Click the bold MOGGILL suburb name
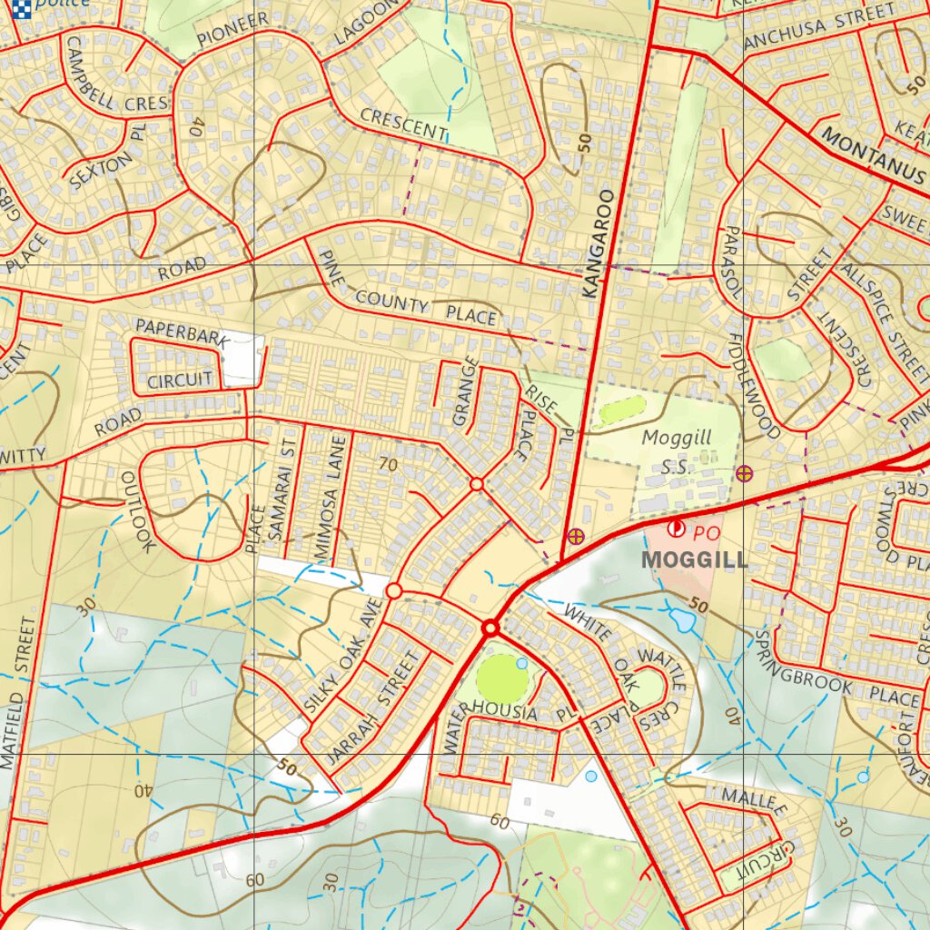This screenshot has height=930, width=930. click(694, 559)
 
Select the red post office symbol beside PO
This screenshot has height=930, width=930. click(677, 528)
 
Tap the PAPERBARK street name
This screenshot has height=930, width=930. click(181, 332)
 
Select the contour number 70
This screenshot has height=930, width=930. click(389, 465)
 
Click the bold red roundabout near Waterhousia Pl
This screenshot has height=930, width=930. click(491, 628)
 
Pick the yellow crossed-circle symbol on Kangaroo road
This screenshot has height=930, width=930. click(575, 536)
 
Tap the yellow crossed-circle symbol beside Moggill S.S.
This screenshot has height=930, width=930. click(745, 472)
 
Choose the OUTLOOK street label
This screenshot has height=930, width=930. click(139, 511)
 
